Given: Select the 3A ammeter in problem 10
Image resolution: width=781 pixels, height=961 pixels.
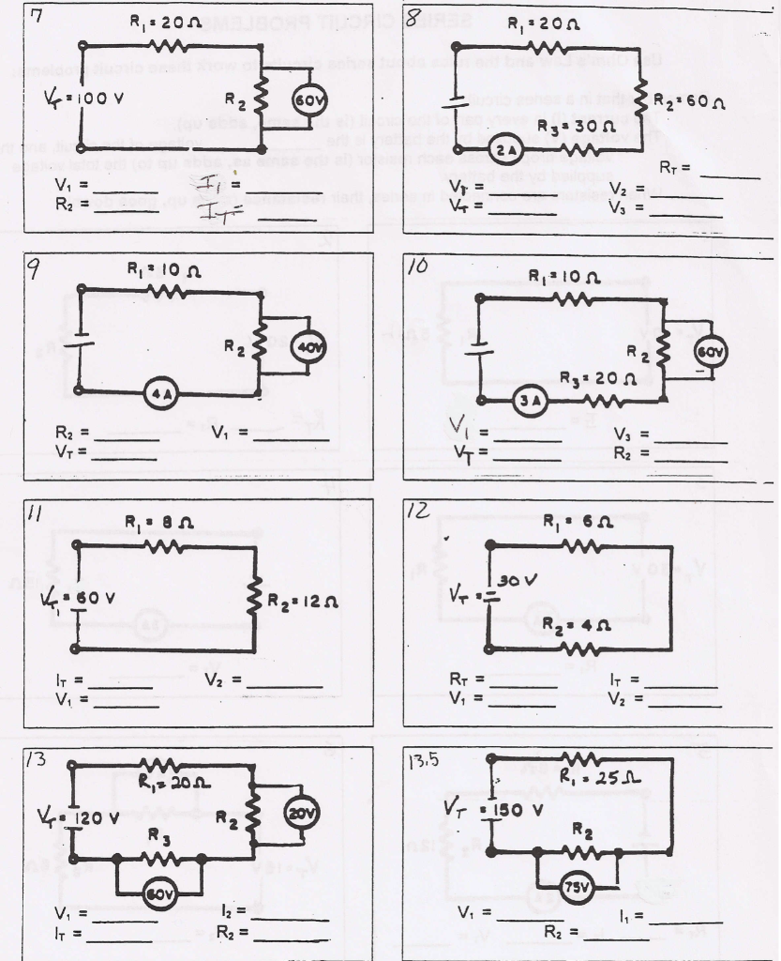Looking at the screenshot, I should (531, 403).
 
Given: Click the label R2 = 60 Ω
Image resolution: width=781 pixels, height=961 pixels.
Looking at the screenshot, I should (688, 100).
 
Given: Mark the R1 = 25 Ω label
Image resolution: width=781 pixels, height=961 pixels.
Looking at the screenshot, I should (588, 775).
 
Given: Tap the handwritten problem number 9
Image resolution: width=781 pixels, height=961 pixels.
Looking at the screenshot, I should (34, 271).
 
